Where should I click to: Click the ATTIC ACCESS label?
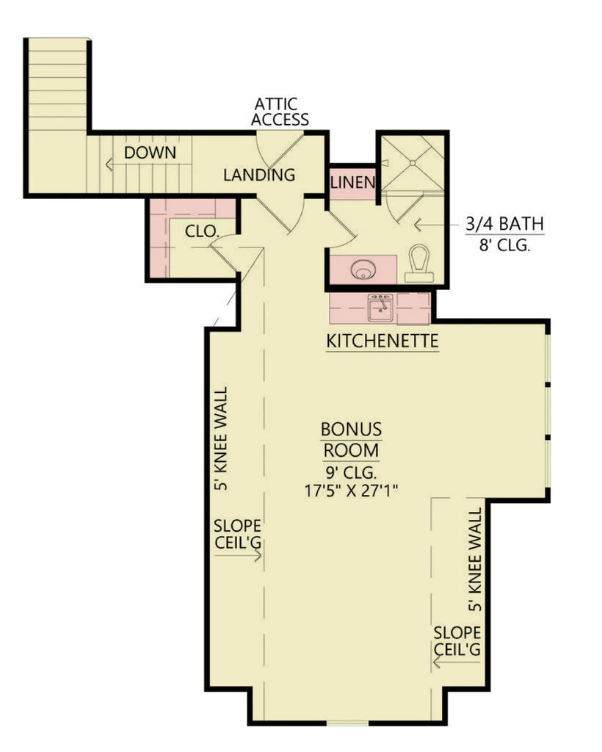pos(280,112)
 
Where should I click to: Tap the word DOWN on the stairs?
pos(150,153)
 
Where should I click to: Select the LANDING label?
pos(259,175)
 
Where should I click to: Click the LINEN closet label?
pos(352,182)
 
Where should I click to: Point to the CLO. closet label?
pos(202,231)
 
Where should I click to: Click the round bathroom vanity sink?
pos(361,270)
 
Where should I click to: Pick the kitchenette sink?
pos(380,308)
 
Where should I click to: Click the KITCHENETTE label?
pos(382,341)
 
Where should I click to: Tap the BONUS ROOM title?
pos(351,439)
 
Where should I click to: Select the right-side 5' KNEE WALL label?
pos(475,559)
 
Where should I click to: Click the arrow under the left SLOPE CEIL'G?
pos(238,556)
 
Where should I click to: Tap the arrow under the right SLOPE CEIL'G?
pos(456,662)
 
